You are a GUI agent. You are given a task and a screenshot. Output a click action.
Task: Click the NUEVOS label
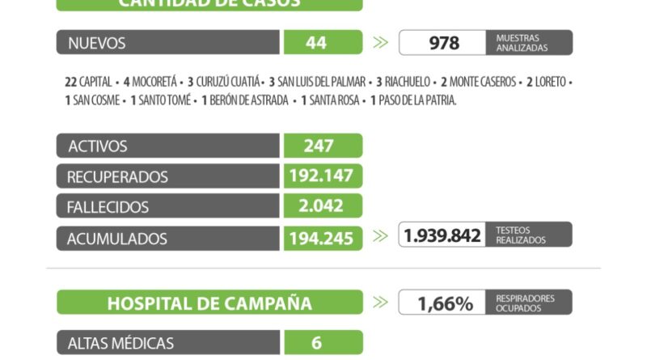click(x=97, y=43)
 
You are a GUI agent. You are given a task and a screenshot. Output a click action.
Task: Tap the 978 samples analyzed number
click(x=443, y=43)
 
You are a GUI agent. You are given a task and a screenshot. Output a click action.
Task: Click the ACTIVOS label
click(x=98, y=146)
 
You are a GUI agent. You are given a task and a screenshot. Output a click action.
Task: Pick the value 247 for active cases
click(x=323, y=146)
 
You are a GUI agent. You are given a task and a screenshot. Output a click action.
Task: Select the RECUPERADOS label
click(x=118, y=176)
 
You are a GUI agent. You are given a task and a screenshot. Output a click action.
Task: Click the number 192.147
click(x=323, y=176)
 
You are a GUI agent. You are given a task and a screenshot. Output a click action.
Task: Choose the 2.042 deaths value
click(x=323, y=206)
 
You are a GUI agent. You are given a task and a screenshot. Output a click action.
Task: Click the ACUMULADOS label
click(x=118, y=238)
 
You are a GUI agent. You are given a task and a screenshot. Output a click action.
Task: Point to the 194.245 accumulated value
click(x=323, y=238)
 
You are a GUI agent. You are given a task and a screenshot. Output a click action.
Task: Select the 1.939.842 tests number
click(x=442, y=235)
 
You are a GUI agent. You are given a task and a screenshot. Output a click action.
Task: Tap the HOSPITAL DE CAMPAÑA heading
click(x=209, y=303)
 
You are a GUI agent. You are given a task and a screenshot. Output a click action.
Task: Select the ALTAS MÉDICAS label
click(x=121, y=343)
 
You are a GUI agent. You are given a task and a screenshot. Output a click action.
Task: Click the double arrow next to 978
click(x=380, y=43)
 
